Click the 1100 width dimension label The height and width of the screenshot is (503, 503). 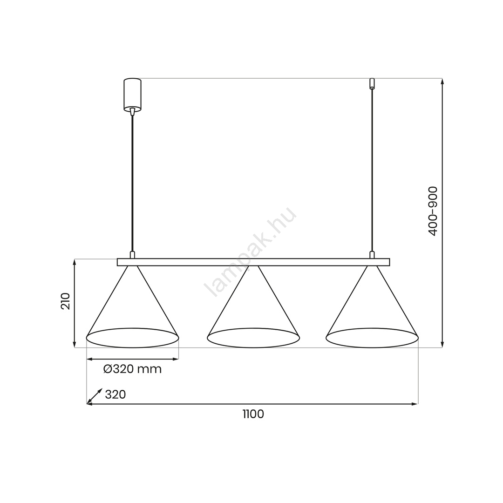coord(253,414)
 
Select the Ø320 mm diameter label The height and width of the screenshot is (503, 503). coord(132,369)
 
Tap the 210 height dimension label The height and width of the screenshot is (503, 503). coord(65,301)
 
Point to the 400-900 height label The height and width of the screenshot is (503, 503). coord(433,211)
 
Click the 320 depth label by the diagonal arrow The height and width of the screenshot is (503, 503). coord(116,394)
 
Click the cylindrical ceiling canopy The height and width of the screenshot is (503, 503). coord(132,95)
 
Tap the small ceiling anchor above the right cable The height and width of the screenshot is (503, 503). coord(372,83)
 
